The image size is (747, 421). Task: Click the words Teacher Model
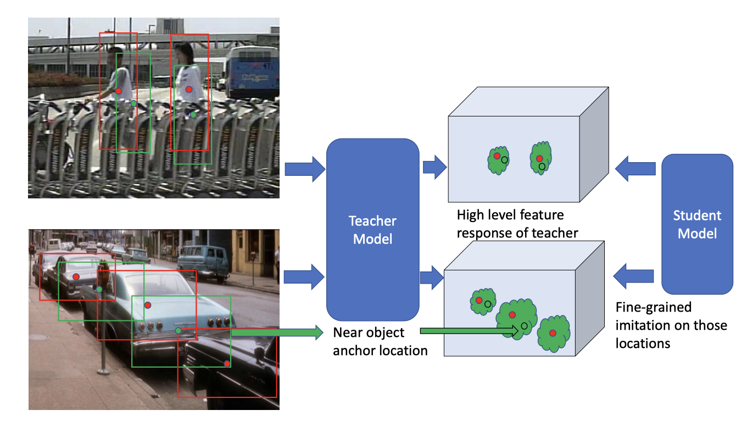(372, 230)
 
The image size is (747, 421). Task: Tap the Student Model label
(697, 224)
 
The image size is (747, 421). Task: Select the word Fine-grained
(653, 308)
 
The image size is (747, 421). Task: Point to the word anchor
(354, 351)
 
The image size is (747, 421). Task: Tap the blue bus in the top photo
(252, 71)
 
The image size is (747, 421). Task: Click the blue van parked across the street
(203, 262)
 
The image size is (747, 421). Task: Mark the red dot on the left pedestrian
(119, 91)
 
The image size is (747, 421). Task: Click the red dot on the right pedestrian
(189, 90)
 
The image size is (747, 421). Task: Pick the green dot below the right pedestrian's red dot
(193, 115)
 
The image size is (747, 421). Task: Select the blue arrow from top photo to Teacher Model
(305, 169)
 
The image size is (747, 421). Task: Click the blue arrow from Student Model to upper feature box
(635, 169)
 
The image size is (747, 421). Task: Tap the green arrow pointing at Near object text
(277, 333)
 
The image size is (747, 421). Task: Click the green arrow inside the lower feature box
(469, 331)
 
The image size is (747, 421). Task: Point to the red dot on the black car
(227, 364)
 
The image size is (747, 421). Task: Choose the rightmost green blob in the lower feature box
(553, 334)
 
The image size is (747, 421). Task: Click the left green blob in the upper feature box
(498, 160)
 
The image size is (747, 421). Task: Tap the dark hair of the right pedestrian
(184, 52)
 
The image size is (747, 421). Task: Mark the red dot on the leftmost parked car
(76, 277)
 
